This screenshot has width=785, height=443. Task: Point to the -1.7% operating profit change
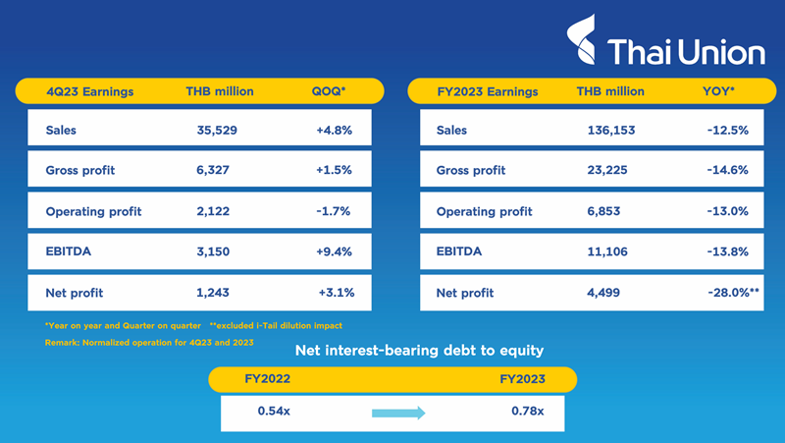coord(335,211)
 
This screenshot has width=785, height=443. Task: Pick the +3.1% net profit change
coord(335,293)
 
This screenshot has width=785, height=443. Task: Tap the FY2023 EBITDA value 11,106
coord(604,251)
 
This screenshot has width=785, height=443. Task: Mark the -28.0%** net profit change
coord(726,293)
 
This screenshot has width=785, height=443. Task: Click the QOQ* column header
coord(329,91)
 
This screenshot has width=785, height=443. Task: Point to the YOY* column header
coord(721,91)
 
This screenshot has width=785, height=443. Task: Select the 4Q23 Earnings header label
coord(90,91)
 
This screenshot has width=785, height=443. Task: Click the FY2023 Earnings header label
coord(488,91)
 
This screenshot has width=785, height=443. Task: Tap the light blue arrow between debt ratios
coord(398,413)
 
